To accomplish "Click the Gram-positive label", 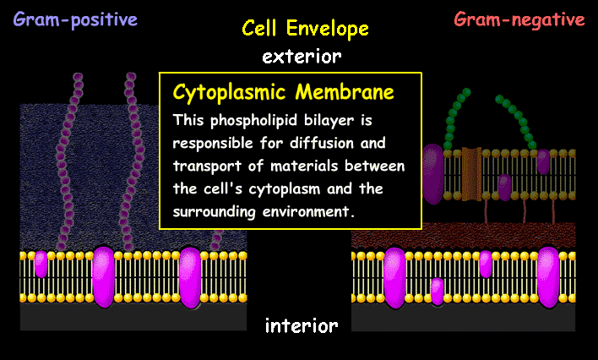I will pos(75,19).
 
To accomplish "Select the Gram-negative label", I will pos(519,19).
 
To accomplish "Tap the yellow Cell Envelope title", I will pos(305,29).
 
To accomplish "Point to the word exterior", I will pos(302,57).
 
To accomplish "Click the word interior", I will pos(302,325).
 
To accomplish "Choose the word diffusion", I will pos(339,141).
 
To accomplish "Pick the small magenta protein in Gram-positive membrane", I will pos(41,265).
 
